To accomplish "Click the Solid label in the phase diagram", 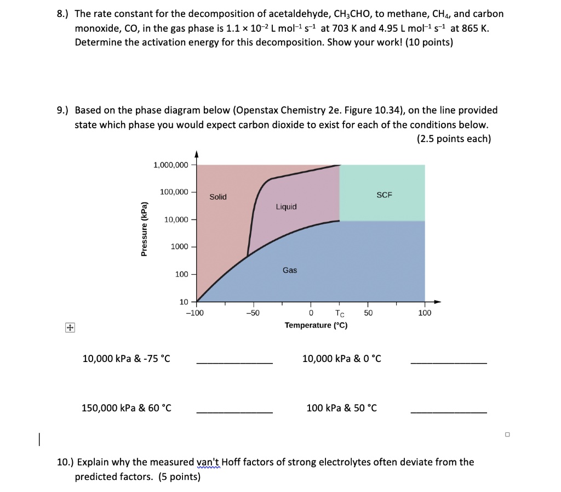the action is [217, 197].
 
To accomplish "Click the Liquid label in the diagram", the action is [286, 207].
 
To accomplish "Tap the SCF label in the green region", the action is [385, 195].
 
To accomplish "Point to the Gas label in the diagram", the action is [290, 270].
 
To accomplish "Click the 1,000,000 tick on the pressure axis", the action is [171, 165].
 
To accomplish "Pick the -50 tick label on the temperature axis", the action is [253, 313].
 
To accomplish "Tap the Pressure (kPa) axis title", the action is [144, 229].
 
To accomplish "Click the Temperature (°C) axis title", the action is [316, 325].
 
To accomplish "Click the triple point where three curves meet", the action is [248, 256].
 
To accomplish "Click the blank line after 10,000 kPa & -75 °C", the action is [234, 363].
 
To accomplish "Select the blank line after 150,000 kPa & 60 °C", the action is [234, 412].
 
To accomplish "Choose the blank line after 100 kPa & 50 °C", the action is [448, 412].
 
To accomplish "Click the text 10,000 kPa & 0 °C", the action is [342, 359].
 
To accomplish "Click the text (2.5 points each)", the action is [454, 139].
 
